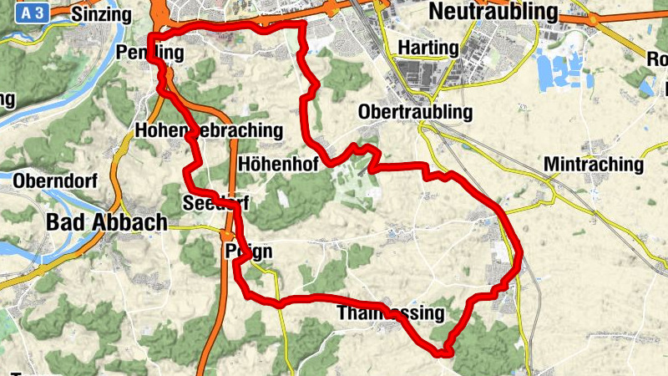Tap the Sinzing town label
coord(102,15)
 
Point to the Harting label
coord(428,48)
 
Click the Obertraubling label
coord(415,112)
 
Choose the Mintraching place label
coord(594,165)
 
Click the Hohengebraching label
coord(209,131)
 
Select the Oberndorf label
coord(56,180)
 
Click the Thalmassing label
coord(390,313)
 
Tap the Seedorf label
coord(215,203)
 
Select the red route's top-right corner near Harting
coord(302,25)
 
